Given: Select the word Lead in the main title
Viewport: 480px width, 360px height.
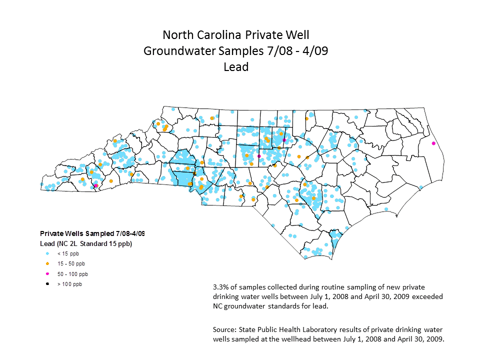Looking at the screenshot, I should [x=236, y=66].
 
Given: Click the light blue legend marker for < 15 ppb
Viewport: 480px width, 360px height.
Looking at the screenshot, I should [x=47, y=254].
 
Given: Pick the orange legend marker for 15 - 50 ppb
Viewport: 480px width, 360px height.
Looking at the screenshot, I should [x=47, y=264].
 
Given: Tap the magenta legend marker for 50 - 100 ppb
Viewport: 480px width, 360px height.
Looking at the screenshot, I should [x=47, y=274].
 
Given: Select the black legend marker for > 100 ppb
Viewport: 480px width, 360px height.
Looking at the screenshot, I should [x=47, y=284].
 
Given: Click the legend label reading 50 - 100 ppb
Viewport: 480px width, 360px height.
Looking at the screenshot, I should [x=72, y=274].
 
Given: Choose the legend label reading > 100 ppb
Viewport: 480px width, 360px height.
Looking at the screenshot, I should [x=69, y=284].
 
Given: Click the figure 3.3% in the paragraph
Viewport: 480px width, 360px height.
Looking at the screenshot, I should [x=221, y=287].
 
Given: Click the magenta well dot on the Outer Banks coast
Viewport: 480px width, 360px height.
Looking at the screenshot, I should [x=433, y=143].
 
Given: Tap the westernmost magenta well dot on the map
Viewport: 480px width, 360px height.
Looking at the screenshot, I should [x=96, y=186].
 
